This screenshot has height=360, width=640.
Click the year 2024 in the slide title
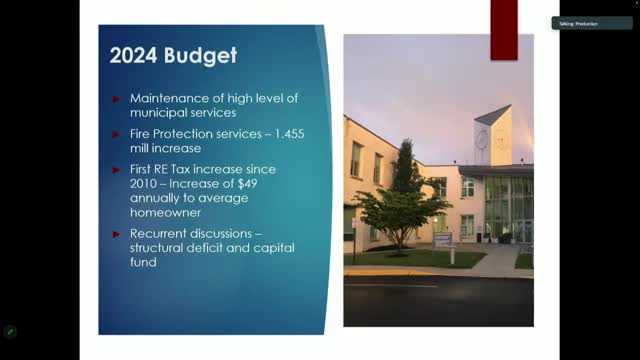(130, 57)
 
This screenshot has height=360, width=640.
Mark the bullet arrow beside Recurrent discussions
(117, 234)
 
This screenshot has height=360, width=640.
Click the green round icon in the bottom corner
(10, 331)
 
